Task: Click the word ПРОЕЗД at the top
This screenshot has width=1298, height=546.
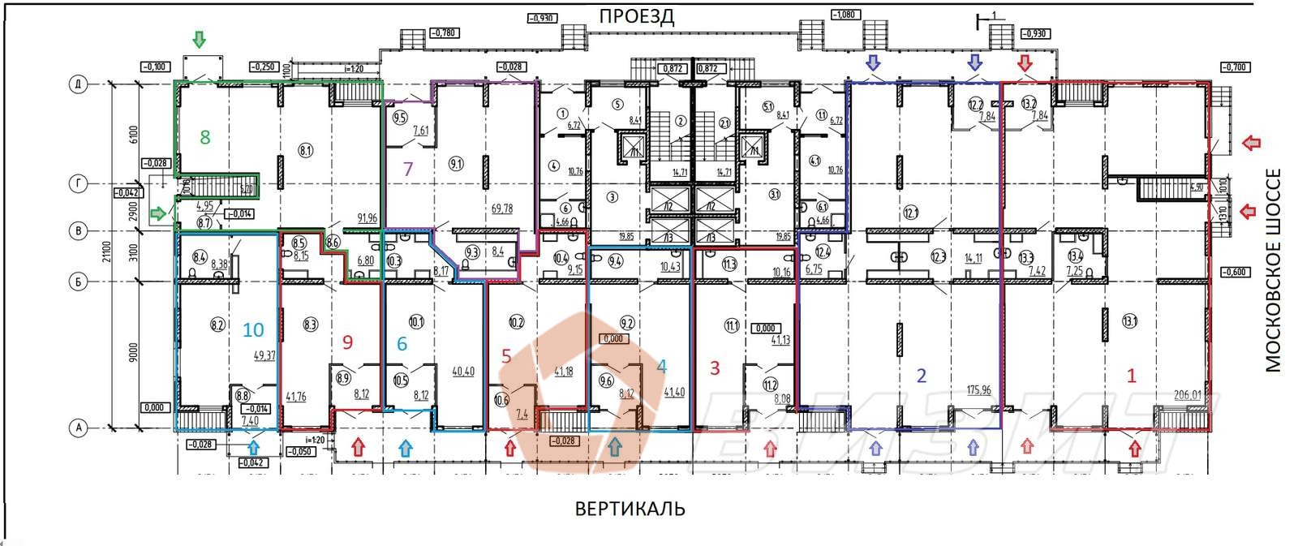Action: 637,16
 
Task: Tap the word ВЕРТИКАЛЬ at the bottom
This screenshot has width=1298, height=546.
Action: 630,509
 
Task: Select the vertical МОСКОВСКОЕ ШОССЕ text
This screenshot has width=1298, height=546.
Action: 1274,270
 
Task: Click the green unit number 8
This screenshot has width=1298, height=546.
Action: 205,137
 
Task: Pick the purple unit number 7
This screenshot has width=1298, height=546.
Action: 408,170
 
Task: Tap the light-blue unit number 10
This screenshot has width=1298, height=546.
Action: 253,329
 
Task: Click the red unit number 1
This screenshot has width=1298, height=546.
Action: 1133,375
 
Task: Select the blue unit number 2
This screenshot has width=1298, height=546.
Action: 921,375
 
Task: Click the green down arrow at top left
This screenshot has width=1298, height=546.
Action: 199,39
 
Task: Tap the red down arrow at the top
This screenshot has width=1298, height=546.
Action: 1025,62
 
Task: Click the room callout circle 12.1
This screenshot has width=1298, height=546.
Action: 910,213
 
